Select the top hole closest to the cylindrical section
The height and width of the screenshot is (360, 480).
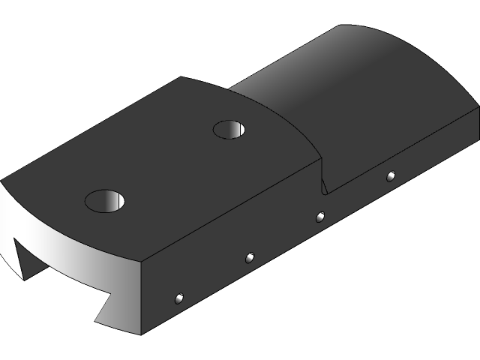point(230,130)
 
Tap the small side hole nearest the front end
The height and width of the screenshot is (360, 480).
point(178,298)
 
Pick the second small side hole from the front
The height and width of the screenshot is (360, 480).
point(250,258)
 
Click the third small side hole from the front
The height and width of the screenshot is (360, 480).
point(320,217)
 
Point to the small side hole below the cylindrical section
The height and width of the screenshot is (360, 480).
point(391,176)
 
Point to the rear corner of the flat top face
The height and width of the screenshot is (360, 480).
point(181,77)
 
